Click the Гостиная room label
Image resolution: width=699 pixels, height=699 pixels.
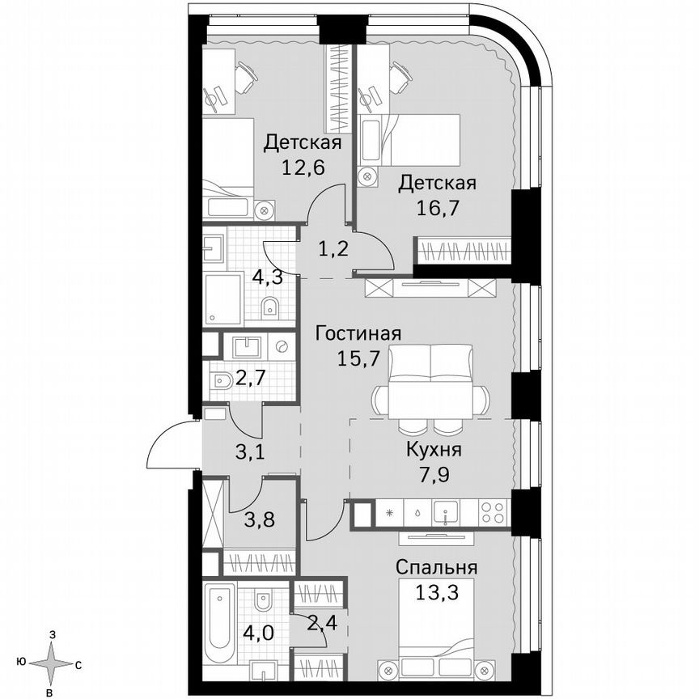coord(358,333)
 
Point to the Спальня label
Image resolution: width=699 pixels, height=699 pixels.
coord(437,567)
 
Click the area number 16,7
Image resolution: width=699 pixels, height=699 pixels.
coord(437,207)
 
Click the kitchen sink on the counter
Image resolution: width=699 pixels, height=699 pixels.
coord(446,512)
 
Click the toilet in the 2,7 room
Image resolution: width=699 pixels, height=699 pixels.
coord(221,381)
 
